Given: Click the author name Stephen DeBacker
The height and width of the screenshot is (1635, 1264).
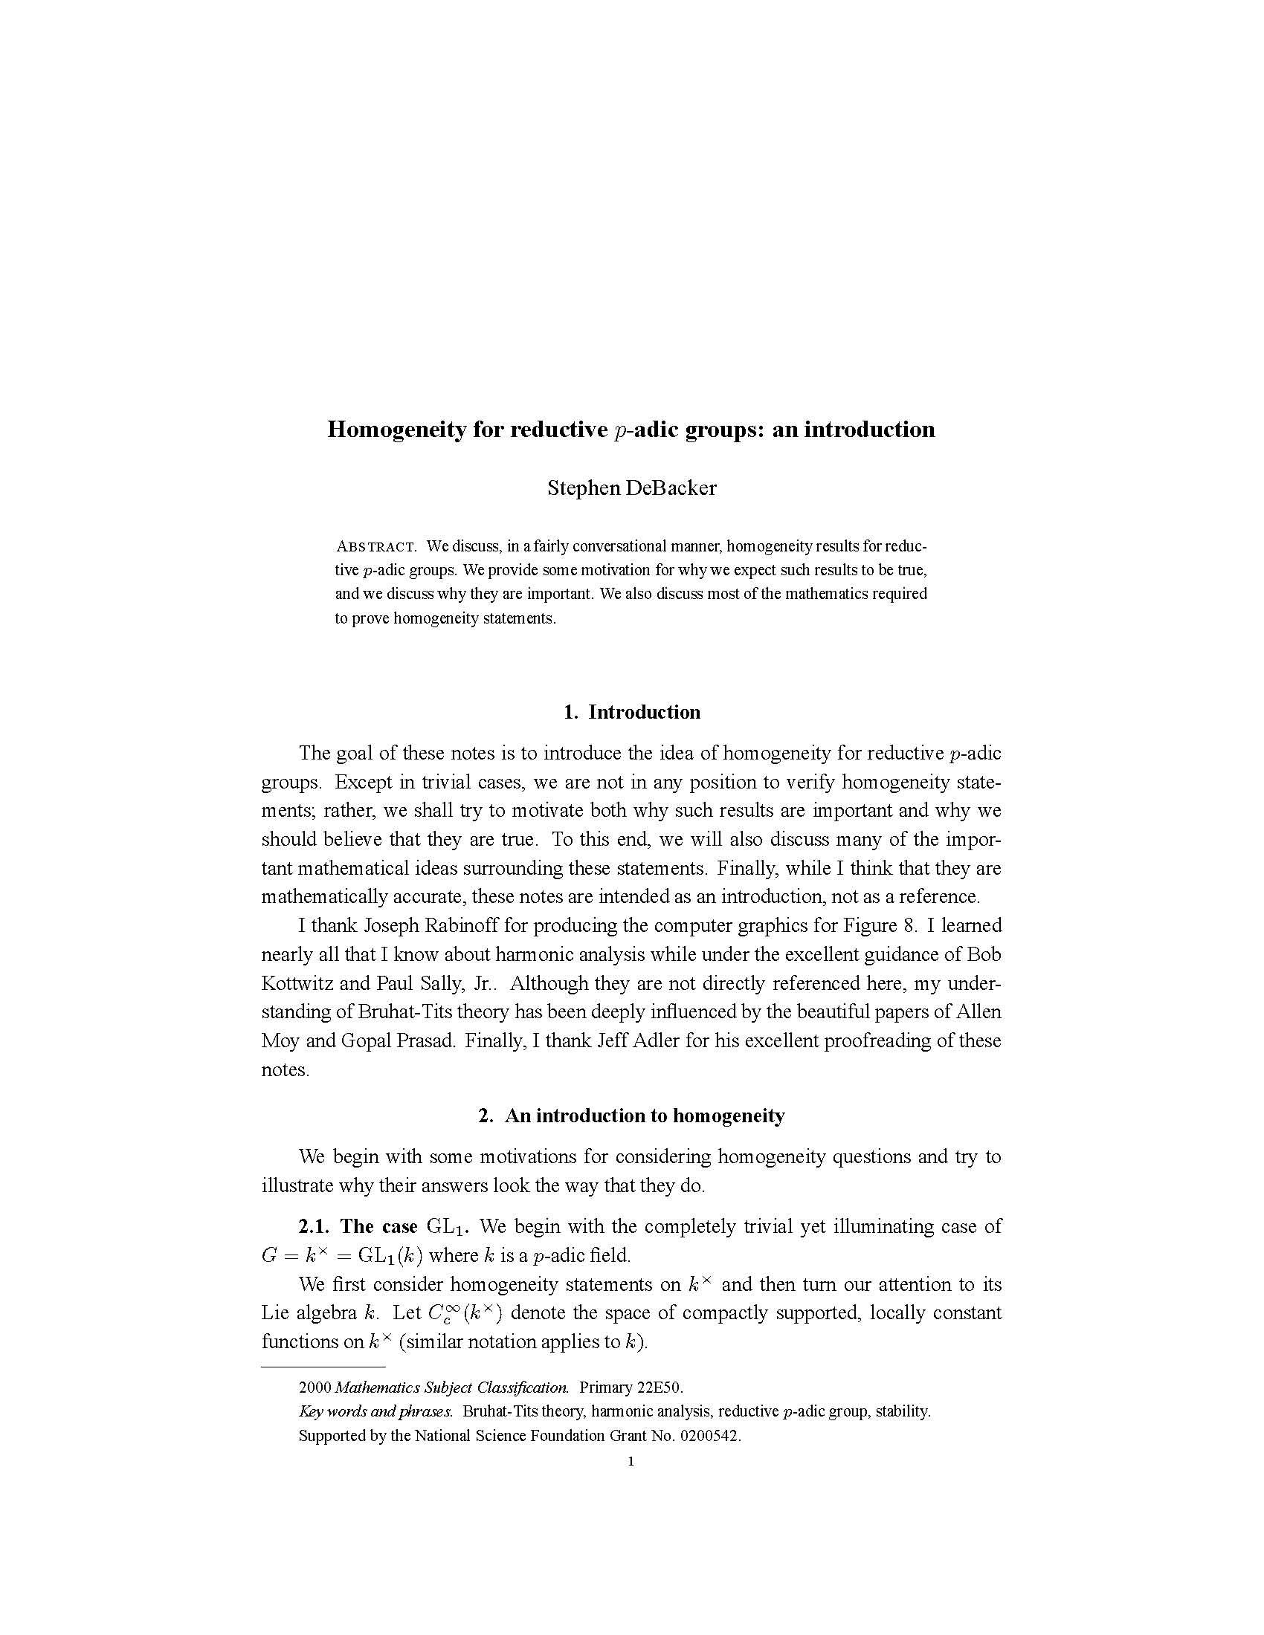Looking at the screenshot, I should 631,489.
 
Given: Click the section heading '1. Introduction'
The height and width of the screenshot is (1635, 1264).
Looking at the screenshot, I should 631,712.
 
